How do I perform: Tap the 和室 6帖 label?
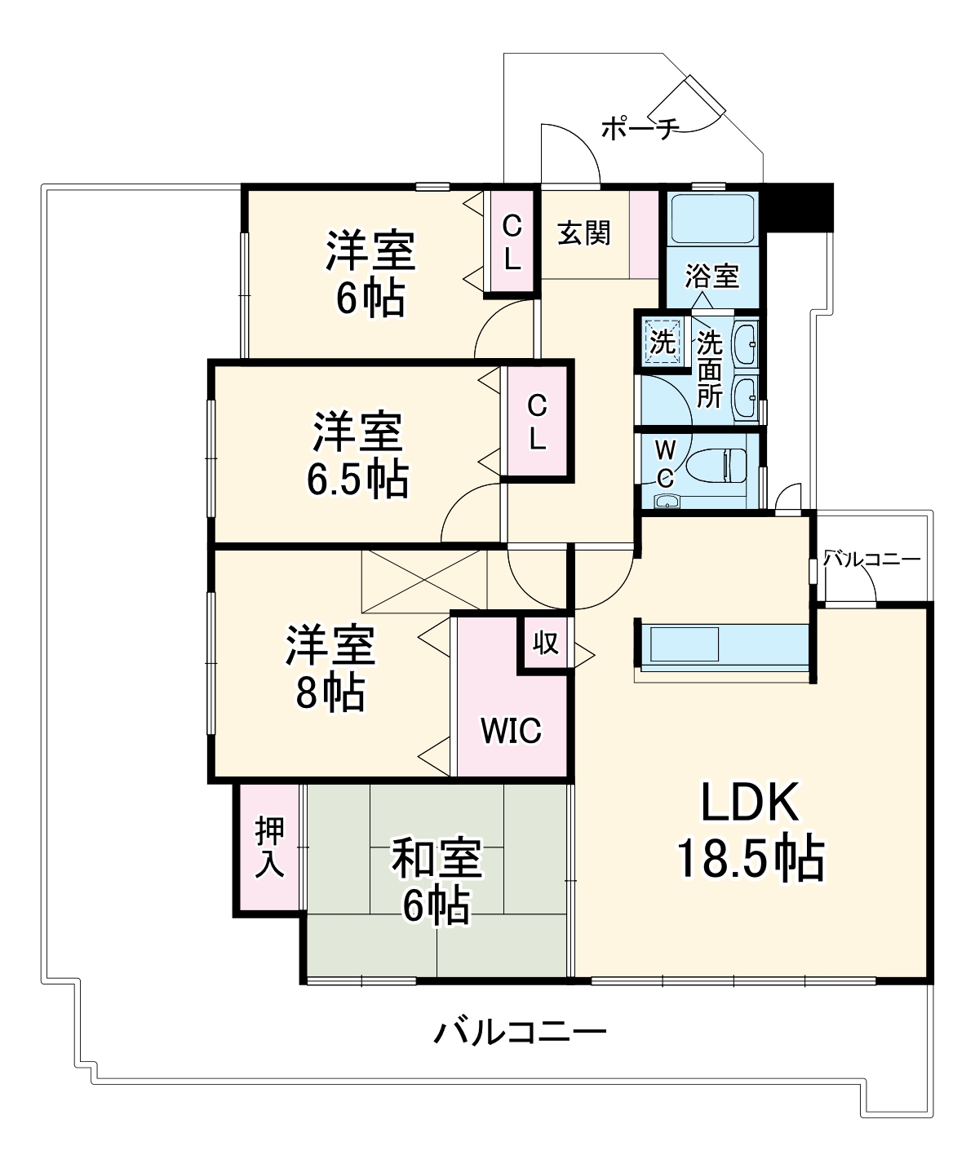437,881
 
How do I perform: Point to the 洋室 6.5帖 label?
357,456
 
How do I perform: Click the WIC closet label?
511,730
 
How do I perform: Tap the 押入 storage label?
269,847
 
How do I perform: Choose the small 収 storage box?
546,643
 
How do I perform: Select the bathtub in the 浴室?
712,219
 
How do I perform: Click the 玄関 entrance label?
584,233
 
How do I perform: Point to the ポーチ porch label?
640,129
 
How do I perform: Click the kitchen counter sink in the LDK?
682,644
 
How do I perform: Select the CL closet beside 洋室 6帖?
511,241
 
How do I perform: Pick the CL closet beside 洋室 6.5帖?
536,422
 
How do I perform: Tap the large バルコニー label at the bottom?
520,1033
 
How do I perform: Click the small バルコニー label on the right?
871,560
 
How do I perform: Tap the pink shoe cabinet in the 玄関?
644,234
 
